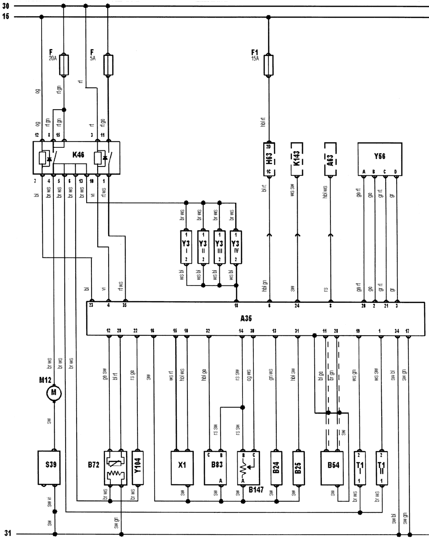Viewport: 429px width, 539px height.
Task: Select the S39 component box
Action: [48, 467]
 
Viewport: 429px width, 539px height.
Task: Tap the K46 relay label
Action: [78, 154]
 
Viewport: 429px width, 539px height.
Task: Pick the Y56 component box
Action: [380, 156]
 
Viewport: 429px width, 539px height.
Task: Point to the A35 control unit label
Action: [246, 319]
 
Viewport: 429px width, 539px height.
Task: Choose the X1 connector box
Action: [182, 467]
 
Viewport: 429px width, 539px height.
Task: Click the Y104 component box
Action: [137, 467]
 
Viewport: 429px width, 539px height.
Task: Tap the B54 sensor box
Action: [333, 467]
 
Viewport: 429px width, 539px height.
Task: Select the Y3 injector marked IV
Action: [236, 246]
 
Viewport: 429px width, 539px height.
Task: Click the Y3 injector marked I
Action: [187, 246]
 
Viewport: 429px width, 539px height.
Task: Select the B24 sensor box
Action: [276, 467]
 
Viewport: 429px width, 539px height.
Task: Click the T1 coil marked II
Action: [382, 467]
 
